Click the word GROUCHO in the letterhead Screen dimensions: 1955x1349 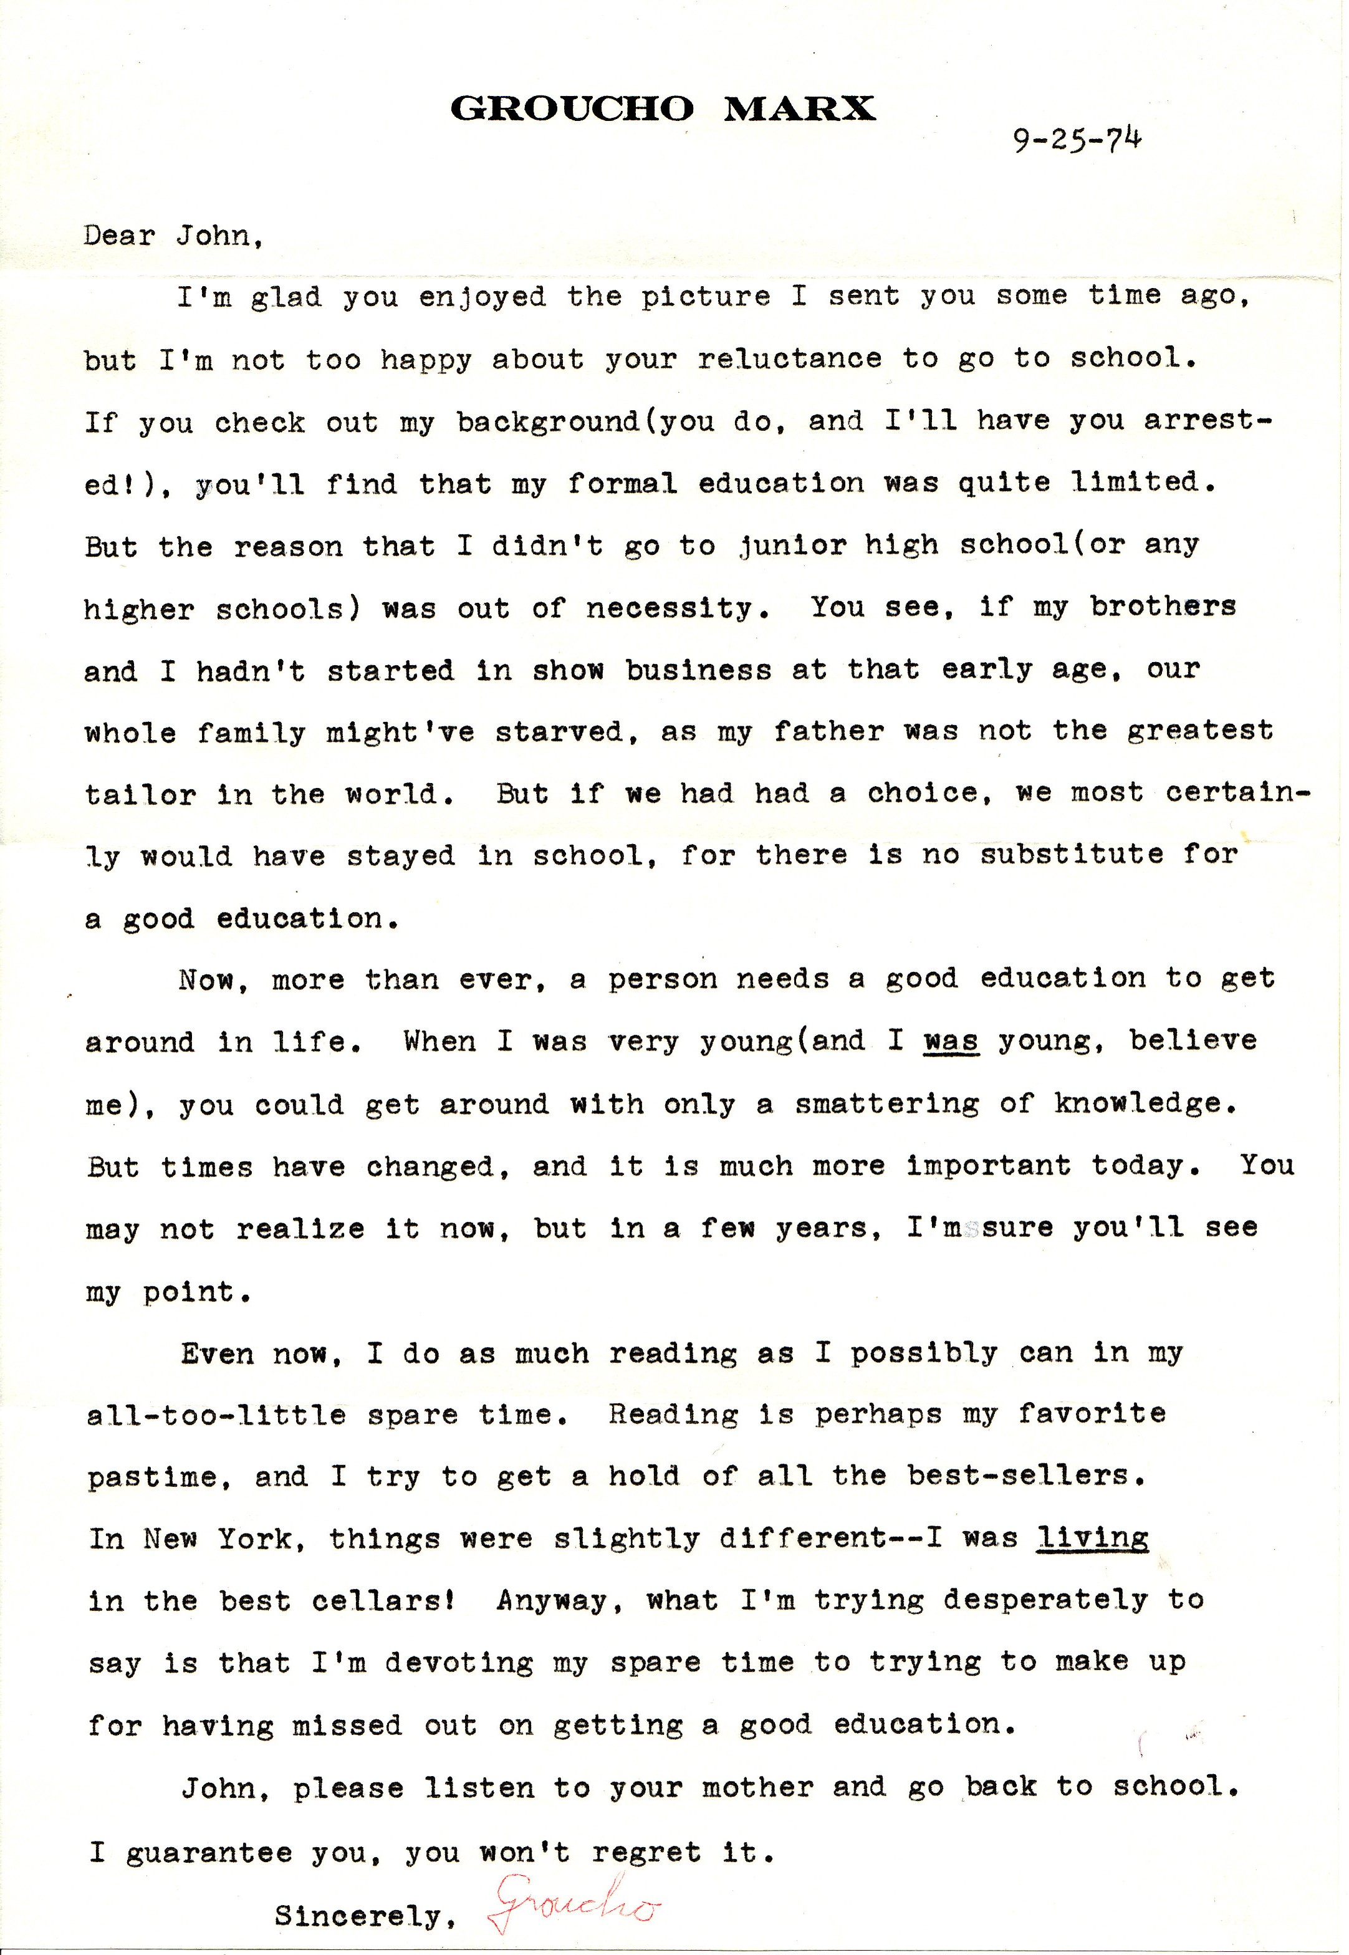pos(572,109)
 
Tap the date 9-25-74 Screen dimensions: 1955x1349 pos(1077,140)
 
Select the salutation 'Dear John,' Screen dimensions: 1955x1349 pos(173,235)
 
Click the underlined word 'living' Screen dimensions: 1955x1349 pos(1092,1539)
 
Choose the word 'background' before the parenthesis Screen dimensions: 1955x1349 pos(550,422)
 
